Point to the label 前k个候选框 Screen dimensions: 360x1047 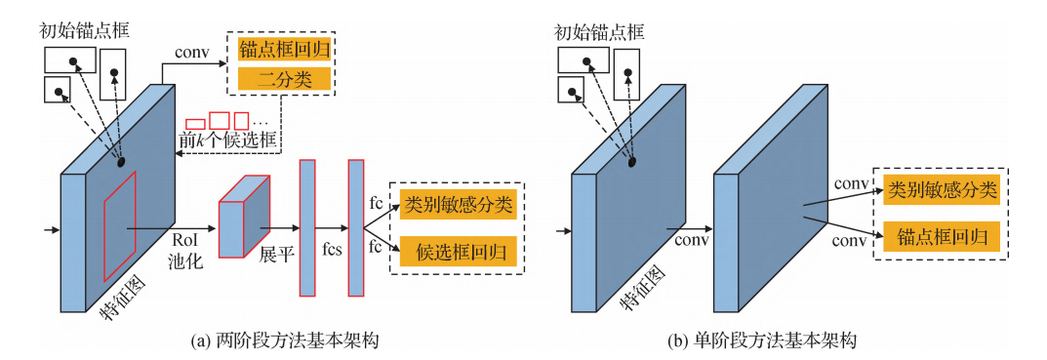pyautogui.click(x=229, y=140)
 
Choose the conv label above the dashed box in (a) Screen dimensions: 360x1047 pyautogui.click(x=190, y=49)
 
